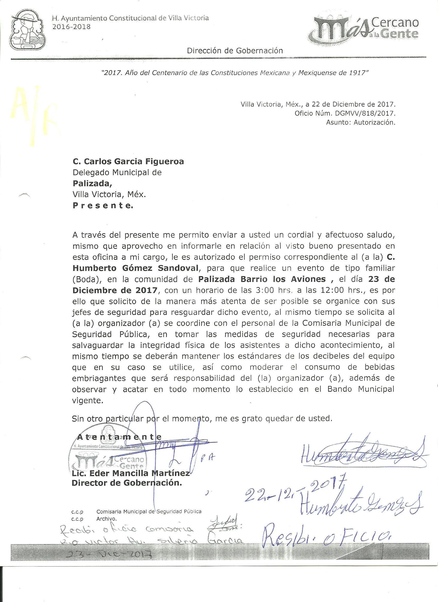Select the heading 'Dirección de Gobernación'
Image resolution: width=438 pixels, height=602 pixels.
pos(235,50)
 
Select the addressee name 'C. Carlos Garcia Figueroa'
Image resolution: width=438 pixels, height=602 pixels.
pos(128,161)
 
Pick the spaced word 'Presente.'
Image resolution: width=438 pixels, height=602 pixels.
pos(103,206)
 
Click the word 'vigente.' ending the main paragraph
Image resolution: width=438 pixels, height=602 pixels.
pos(87,401)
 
